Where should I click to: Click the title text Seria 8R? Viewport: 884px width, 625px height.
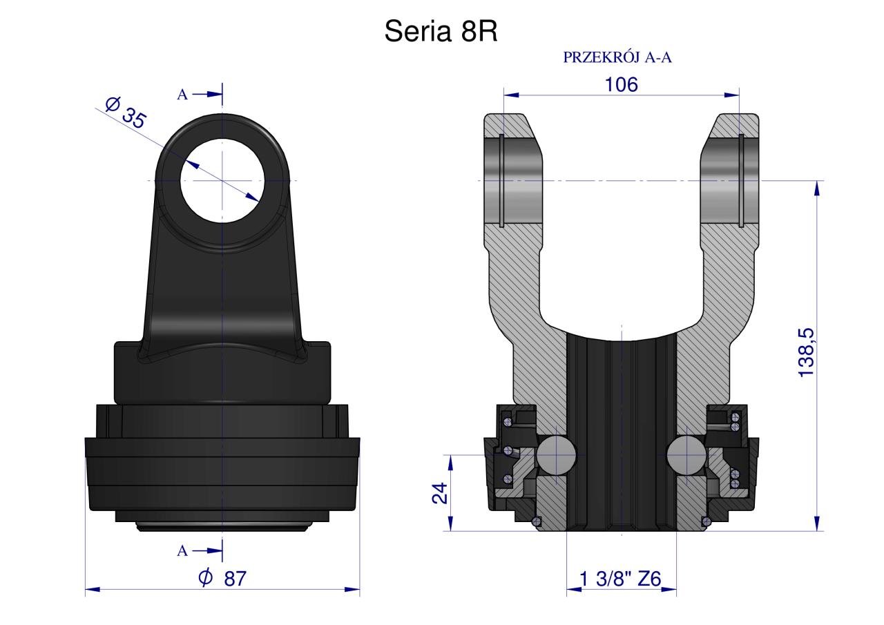click(x=441, y=31)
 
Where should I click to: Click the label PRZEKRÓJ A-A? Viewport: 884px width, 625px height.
click(x=617, y=57)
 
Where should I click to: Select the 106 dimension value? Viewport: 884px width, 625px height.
click(x=621, y=85)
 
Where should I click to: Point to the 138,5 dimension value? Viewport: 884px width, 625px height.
click(x=806, y=353)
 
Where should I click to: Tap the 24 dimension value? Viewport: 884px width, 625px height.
click(x=440, y=493)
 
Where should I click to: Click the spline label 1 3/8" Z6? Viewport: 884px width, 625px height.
click(x=620, y=579)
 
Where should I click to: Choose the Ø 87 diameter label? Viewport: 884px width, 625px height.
click(x=222, y=579)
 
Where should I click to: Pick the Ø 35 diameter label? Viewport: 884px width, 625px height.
click(x=126, y=113)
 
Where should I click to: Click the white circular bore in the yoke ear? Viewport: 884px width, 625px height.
click(x=222, y=180)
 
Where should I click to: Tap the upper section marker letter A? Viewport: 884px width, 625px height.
click(x=182, y=95)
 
